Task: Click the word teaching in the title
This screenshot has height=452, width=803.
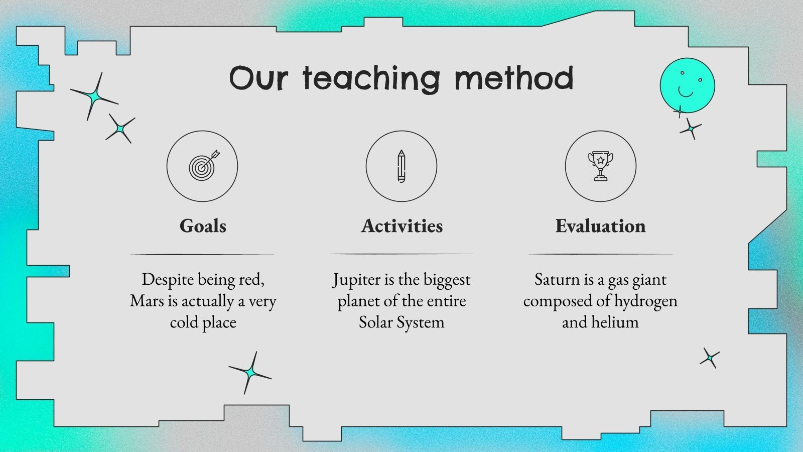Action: pos(371,79)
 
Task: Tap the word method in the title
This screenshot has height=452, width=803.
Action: pos(513,79)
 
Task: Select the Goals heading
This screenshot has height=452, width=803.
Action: pos(203,226)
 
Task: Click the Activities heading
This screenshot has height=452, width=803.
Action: pos(402,226)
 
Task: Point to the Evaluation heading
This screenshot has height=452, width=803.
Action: pos(600,226)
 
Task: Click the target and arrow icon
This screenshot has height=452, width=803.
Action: pos(203,166)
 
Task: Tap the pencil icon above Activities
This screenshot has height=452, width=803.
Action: pos(401,166)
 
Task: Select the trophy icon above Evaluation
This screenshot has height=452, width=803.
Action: pos(600,166)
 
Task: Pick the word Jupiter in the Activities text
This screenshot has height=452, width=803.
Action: pos(356,280)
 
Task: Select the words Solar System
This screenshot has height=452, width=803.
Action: pos(401,322)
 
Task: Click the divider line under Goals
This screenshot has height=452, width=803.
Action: pos(202,254)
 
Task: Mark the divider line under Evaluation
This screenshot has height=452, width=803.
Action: pos(600,254)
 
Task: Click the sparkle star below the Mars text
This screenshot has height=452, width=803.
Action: pos(249,373)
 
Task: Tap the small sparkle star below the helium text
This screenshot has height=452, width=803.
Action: pos(710,358)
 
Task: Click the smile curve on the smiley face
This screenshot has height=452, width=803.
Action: pos(686,92)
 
